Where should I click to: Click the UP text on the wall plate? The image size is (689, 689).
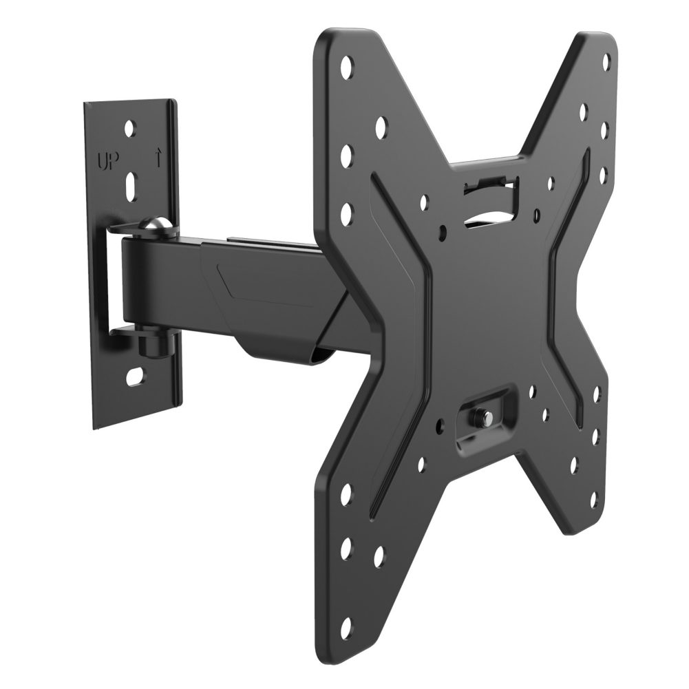pyautogui.click(x=107, y=163)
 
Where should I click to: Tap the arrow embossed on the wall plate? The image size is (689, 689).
pyautogui.click(x=158, y=159)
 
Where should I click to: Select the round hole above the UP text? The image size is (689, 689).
pyautogui.click(x=131, y=128)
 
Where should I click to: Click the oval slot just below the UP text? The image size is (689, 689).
pyautogui.click(x=131, y=185)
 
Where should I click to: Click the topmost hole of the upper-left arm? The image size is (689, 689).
pyautogui.click(x=346, y=67)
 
